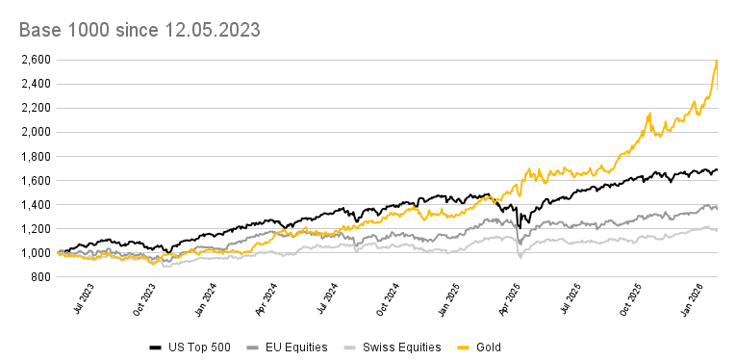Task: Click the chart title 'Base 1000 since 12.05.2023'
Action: pos(140,31)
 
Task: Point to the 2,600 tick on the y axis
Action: pos(38,60)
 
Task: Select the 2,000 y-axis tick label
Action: pos(38,132)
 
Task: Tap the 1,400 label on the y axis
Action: pos(38,205)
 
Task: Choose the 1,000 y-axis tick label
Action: pos(38,253)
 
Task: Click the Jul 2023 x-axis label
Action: pos(84,301)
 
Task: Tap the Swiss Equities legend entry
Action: pos(393,347)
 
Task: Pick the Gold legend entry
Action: pos(487,347)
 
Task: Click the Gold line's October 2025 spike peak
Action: pos(649,113)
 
